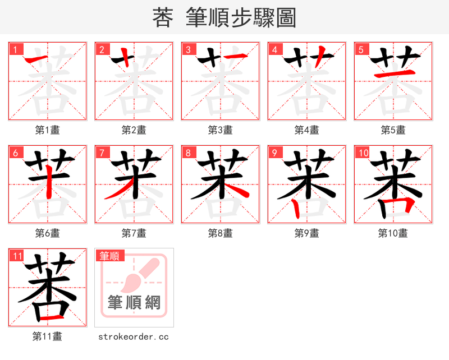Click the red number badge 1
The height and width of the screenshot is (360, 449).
click(x=15, y=49)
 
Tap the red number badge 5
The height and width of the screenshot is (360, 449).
click(x=361, y=49)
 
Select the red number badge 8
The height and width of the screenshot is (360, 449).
click(x=188, y=153)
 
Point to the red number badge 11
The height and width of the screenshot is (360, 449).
click(x=16, y=256)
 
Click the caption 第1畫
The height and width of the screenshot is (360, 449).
click(x=47, y=130)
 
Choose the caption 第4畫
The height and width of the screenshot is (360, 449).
click(x=306, y=130)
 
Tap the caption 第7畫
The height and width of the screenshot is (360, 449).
click(x=134, y=233)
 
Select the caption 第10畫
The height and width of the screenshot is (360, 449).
click(x=393, y=233)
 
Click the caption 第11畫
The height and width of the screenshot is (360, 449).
click(x=47, y=336)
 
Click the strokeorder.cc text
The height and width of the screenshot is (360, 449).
click(x=134, y=336)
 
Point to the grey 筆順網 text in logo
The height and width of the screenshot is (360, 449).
click(x=134, y=303)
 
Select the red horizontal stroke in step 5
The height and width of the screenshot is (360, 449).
click(x=393, y=74)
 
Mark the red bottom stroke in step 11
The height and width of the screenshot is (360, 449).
click(x=48, y=317)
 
